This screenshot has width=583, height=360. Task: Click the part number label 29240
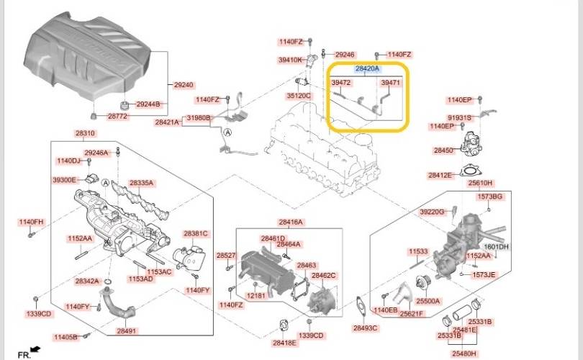tap(184, 84)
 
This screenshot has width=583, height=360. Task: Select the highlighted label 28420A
tap(369, 68)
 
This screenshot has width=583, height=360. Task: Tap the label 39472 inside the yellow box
tap(340, 84)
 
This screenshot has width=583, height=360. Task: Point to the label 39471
tap(390, 84)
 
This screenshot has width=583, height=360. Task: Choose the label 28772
tap(118, 115)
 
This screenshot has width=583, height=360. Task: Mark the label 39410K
tap(290, 60)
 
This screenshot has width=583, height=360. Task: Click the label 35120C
tap(298, 95)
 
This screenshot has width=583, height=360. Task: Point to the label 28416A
tap(291, 222)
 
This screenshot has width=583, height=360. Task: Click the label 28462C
tap(323, 275)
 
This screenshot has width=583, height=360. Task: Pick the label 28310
tap(84, 134)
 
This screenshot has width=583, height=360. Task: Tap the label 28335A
tap(141, 183)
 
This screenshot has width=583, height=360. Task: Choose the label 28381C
tap(195, 233)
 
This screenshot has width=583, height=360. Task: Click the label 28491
tap(127, 331)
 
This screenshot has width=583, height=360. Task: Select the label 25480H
tap(464, 354)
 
